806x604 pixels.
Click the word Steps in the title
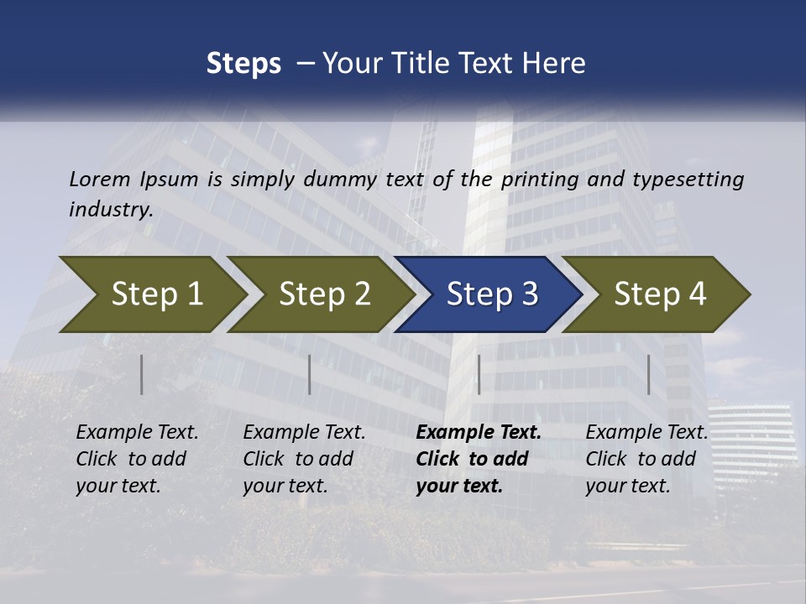pos(243,64)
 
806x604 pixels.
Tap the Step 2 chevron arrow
pos(324,294)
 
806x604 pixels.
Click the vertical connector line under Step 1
pos(142,374)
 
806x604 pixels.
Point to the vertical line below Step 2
pos(310,374)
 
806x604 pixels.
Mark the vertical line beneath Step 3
pos(479,374)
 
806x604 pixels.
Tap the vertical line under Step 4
pos(649,374)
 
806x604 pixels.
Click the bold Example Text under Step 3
pos(479,459)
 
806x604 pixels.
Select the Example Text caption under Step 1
pos(137,459)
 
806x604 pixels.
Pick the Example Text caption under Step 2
pos(304,459)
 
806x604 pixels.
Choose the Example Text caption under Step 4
pos(646,459)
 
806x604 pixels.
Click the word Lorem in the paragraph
pos(100,179)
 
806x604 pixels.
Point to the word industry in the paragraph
pos(111,210)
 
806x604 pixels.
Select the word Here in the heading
pos(554,64)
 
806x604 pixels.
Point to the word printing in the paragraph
pos(540,179)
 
